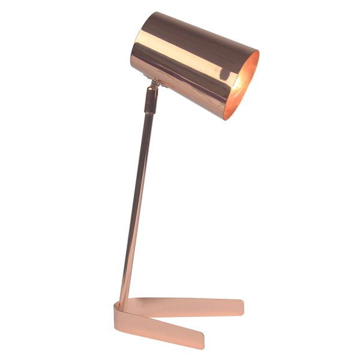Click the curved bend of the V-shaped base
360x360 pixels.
(x=116, y=312)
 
